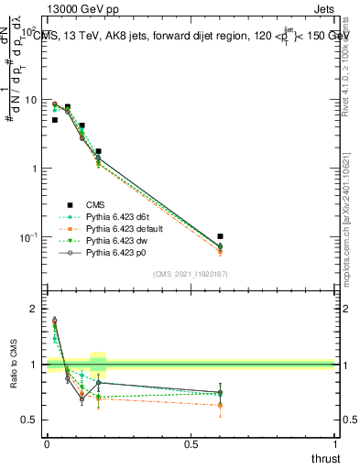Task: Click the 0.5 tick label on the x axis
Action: click(x=191, y=443)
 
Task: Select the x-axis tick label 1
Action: click(x=335, y=443)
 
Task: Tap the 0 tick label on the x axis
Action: click(x=46, y=443)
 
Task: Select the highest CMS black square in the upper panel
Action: click(x=68, y=107)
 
